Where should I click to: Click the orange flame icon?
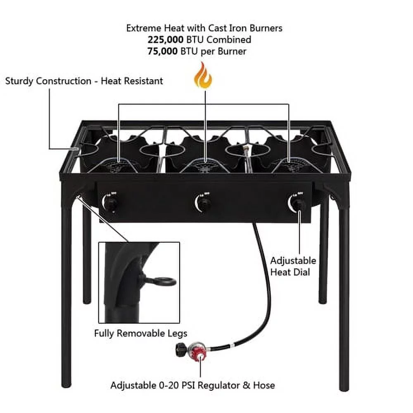[x=203, y=76]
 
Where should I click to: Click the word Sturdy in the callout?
[x=19, y=81]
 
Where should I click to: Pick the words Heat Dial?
[x=293, y=272]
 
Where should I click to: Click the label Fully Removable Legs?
[x=140, y=333]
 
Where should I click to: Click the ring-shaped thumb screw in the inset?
[x=164, y=282]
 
